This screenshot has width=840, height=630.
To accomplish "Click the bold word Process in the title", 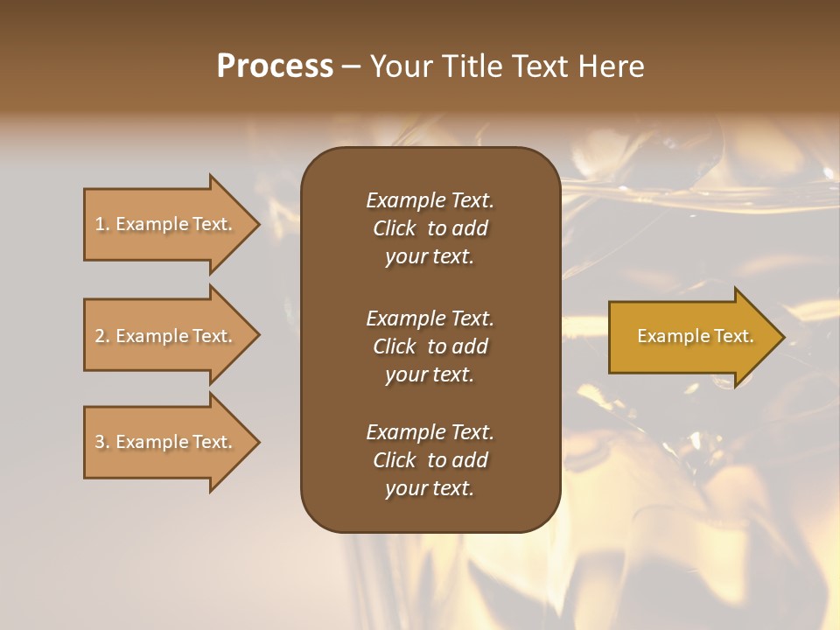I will tap(275, 66).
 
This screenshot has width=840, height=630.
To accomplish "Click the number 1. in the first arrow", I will tap(102, 224).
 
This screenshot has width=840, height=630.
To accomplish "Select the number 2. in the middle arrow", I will tap(102, 336).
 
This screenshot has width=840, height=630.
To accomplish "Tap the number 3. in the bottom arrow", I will tap(102, 442).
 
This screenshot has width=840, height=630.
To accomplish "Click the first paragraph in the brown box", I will tap(430, 228).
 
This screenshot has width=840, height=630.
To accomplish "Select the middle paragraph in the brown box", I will tap(430, 346).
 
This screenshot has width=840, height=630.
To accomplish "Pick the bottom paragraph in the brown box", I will tap(430, 460).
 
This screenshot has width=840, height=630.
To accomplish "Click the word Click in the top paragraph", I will tap(394, 228).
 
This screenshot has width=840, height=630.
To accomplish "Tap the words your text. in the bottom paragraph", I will tap(430, 488).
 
